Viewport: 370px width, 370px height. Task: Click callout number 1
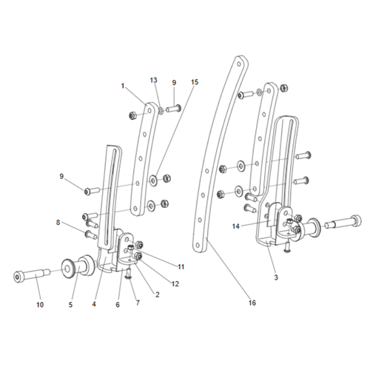click(124, 86)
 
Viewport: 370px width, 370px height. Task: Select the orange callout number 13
click(154, 79)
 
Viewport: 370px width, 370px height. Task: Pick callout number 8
click(58, 221)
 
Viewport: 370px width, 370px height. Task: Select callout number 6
click(117, 304)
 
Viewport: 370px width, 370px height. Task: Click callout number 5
click(72, 303)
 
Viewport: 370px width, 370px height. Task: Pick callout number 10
click(39, 304)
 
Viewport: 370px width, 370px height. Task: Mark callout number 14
click(236, 226)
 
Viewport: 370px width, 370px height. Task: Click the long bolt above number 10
click(33, 277)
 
